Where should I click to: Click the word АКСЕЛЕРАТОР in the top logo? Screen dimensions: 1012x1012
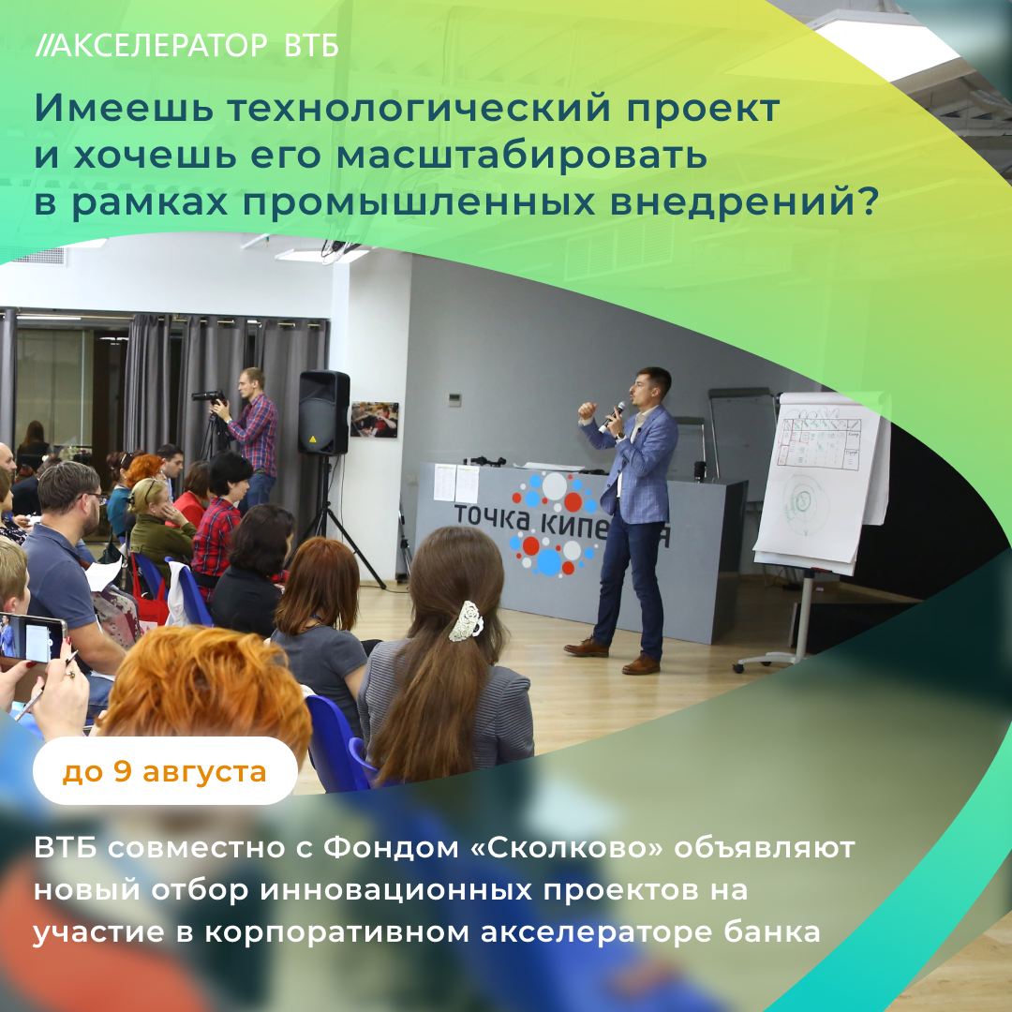pyautogui.click(x=158, y=46)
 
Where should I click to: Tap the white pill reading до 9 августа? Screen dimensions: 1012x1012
pyautogui.click(x=165, y=770)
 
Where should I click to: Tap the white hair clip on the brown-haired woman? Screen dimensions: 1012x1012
pyautogui.click(x=466, y=621)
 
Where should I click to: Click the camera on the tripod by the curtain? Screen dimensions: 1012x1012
pyautogui.click(x=208, y=395)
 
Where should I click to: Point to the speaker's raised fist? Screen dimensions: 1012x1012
pyautogui.click(x=587, y=410)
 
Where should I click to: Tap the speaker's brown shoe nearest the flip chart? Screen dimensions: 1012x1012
pyautogui.click(x=641, y=664)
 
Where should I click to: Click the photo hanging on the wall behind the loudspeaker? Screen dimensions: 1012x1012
pyautogui.click(x=374, y=420)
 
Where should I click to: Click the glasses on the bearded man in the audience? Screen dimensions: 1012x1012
pyautogui.click(x=96, y=497)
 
